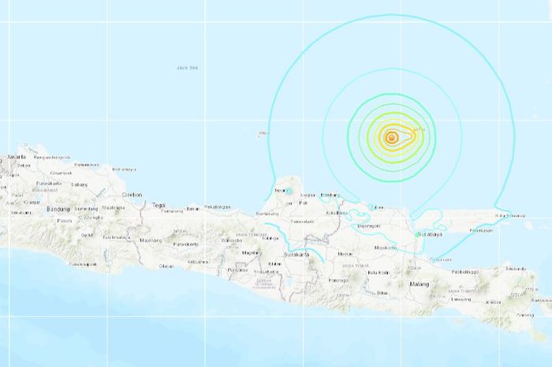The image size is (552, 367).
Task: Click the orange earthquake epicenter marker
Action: [391, 137]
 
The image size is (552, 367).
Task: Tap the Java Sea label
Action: [187, 68]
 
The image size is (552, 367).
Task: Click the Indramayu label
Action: [125, 169]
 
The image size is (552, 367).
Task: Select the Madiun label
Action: [345, 254]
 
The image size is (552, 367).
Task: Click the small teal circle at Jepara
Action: [288, 192]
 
